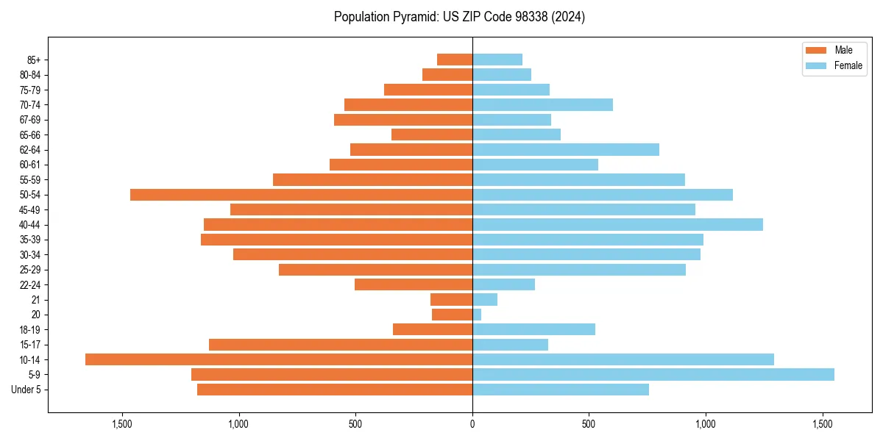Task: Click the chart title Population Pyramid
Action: (x=459, y=17)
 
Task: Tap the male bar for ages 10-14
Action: (x=279, y=359)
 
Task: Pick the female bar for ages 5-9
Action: (x=653, y=374)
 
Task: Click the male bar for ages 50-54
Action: (x=301, y=195)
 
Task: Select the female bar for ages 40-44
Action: (x=617, y=225)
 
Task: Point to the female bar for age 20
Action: (x=477, y=315)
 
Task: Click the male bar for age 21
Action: (x=451, y=300)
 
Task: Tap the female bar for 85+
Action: (x=497, y=60)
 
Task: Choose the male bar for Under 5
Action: (x=335, y=390)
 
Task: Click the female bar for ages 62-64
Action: (x=566, y=150)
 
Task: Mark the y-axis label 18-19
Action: (x=30, y=330)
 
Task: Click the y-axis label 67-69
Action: (x=30, y=120)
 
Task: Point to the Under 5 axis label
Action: (x=26, y=390)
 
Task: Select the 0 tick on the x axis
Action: (x=472, y=424)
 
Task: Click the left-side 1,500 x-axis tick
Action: (x=121, y=424)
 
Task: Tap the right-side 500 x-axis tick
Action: (x=589, y=424)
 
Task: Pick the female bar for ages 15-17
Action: (x=510, y=345)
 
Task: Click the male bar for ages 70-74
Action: (x=408, y=105)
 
